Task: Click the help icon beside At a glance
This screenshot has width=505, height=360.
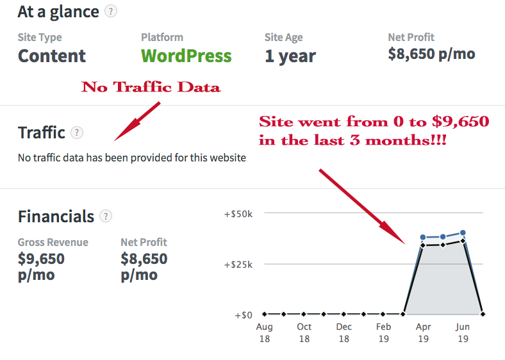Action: coord(111,11)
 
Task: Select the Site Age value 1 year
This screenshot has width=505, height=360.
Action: coord(290,56)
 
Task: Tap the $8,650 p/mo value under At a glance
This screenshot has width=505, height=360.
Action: coord(431,54)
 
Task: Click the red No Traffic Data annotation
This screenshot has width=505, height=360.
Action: coord(151,87)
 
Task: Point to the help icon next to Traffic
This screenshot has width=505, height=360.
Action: coord(77,133)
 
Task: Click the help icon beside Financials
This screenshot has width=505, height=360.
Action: coord(106,216)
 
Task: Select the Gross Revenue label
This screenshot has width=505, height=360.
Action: coord(53,242)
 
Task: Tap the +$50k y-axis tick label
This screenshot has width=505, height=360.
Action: coord(238,213)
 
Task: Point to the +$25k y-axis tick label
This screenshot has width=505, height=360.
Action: coord(238,264)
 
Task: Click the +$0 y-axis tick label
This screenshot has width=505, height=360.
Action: coord(243,315)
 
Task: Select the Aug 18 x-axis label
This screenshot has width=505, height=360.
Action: coord(264,332)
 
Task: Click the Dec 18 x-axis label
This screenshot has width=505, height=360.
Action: coord(344,332)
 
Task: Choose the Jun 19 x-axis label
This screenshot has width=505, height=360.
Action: coord(463,332)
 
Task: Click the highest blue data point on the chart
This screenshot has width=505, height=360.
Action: coord(463,233)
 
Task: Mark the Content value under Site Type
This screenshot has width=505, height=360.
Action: coord(53,56)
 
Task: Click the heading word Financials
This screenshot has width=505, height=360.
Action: coord(56,217)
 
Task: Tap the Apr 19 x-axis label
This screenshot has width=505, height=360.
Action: coord(423,332)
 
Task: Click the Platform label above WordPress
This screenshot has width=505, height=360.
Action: coord(162,37)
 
